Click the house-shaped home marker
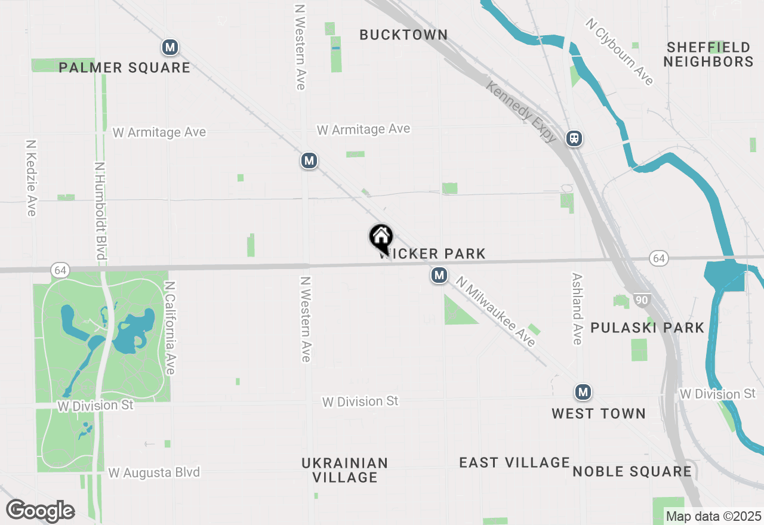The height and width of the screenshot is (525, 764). [381, 237]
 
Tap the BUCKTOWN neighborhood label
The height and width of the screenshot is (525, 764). [403, 35]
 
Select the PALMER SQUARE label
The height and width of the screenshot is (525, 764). [125, 67]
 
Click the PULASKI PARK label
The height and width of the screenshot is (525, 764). [648, 328]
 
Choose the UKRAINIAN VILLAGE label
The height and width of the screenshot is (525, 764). [345, 470]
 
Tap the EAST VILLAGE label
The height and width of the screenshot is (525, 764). [515, 462]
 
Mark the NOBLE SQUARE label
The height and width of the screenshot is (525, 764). [632, 472]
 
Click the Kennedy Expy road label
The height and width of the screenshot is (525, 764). [522, 112]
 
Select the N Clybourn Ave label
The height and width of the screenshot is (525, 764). [620, 52]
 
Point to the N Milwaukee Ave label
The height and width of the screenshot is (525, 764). [495, 311]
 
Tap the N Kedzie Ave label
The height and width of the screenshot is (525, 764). [31, 178]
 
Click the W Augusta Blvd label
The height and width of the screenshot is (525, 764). [154, 472]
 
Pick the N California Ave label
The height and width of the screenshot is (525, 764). [170, 328]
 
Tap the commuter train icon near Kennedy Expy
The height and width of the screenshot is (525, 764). [574, 138]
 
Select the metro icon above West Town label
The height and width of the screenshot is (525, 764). [583, 392]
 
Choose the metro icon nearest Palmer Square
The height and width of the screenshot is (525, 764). [171, 47]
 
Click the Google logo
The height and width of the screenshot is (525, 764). [40, 511]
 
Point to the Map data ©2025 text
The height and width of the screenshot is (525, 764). [713, 516]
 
